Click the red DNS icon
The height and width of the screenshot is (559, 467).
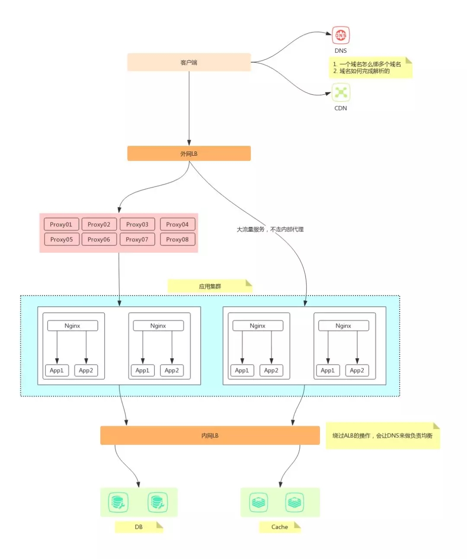coord(341,35)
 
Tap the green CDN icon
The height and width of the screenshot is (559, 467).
coord(341,92)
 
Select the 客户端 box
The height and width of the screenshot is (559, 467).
coord(189,62)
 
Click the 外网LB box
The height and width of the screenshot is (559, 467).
coord(189,154)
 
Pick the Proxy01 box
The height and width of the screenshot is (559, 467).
coord(61,224)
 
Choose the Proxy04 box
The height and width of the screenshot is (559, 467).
coord(177,224)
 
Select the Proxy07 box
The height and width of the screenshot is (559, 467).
coord(137,239)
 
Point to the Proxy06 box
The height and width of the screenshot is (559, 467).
coord(99,239)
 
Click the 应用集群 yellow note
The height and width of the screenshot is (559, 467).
coord(210,286)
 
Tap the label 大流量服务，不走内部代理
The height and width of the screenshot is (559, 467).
coord(270,229)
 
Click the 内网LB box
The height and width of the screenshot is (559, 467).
coord(210,435)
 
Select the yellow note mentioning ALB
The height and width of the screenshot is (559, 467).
coord(382,436)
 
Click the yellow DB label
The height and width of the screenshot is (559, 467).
coord(139,527)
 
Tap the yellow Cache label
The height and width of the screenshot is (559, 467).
coord(280,527)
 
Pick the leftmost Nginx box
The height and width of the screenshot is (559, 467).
coord(72,326)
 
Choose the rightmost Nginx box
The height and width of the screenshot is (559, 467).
coord(343,326)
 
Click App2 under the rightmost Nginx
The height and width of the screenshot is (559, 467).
coord(357,370)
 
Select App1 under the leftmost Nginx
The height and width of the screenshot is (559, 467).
coord(57,370)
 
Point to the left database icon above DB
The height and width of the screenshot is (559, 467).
coord(118,502)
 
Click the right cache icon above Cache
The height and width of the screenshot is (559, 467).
coord(294,502)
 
